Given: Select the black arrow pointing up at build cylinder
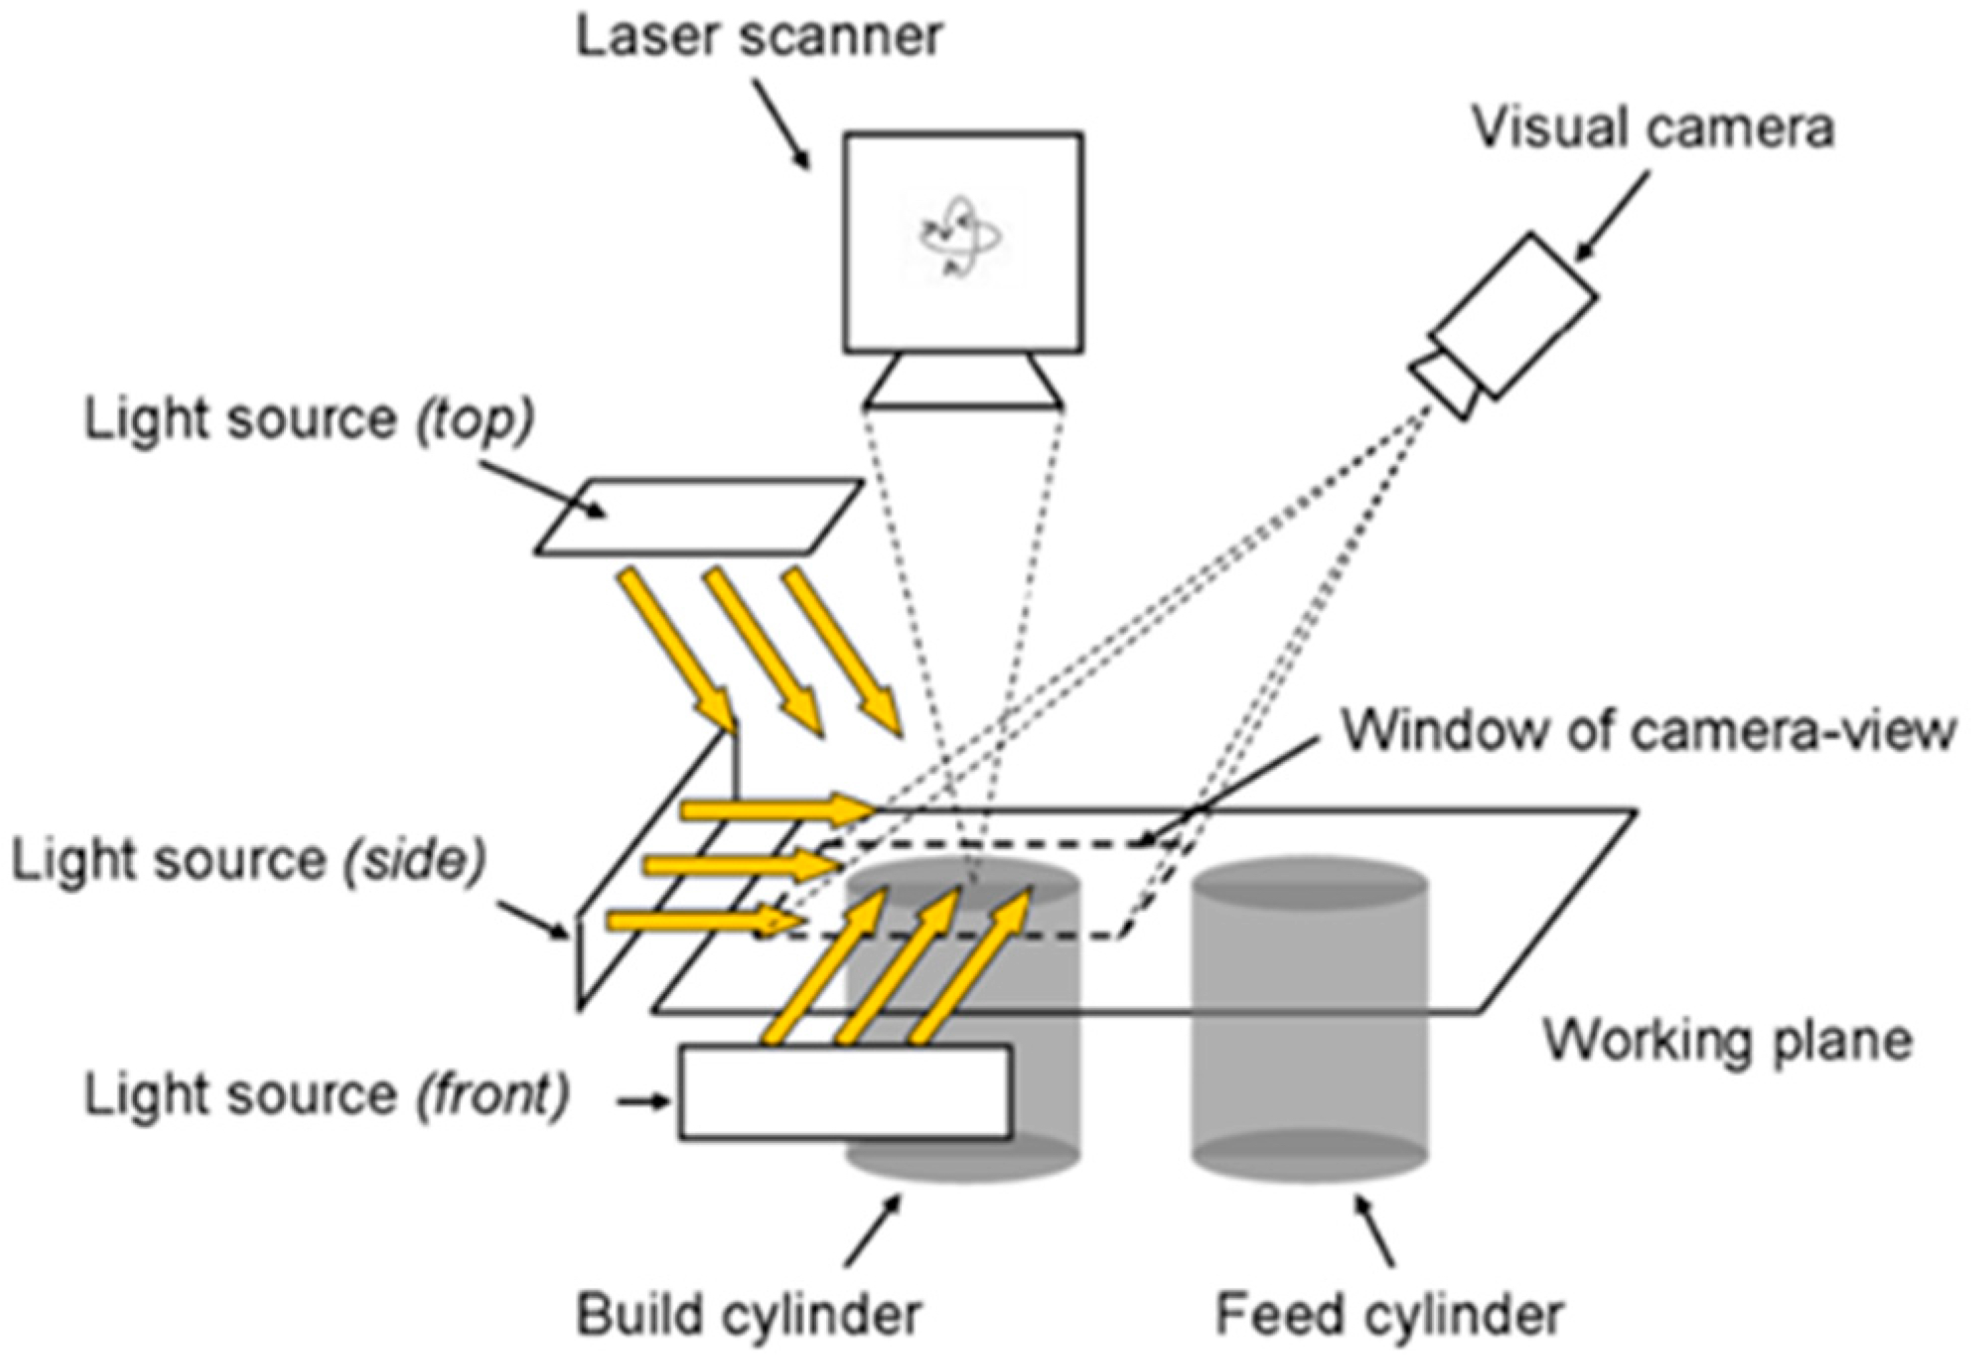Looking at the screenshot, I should coord(873,1230).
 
